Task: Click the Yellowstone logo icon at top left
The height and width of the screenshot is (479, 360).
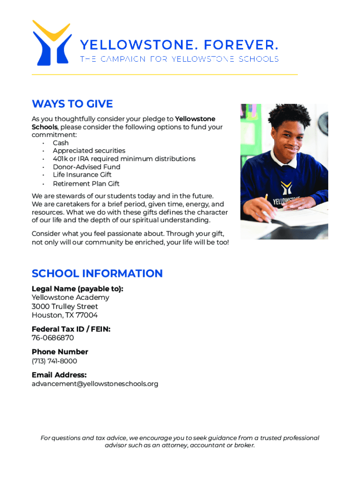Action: (x=51, y=43)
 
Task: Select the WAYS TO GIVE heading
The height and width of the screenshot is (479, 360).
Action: (x=72, y=104)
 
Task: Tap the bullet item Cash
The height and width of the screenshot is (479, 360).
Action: (x=61, y=143)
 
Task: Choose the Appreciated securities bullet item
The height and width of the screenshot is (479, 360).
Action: (x=89, y=151)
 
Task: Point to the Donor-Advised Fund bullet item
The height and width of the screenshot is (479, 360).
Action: (x=86, y=167)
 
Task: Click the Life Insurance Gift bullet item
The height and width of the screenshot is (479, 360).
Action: (x=82, y=174)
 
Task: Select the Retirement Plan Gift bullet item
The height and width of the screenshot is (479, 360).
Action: (x=86, y=183)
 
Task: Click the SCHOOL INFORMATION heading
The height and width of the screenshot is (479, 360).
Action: (x=97, y=273)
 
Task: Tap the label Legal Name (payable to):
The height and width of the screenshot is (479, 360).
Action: (x=77, y=289)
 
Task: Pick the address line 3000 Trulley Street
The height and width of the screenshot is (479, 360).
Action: (x=65, y=306)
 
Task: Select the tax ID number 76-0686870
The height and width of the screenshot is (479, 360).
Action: (x=52, y=338)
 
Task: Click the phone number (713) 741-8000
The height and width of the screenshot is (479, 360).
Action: (x=54, y=361)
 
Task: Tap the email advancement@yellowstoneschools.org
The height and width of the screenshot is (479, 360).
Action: (x=95, y=384)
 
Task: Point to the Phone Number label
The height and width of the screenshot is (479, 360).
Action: (x=60, y=352)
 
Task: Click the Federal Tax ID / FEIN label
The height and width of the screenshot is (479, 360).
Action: (x=71, y=329)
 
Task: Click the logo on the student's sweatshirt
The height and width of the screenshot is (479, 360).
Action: (x=286, y=188)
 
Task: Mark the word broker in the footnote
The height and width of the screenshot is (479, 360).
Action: (x=244, y=445)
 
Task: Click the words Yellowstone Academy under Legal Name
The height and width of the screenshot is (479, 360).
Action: (x=70, y=298)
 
